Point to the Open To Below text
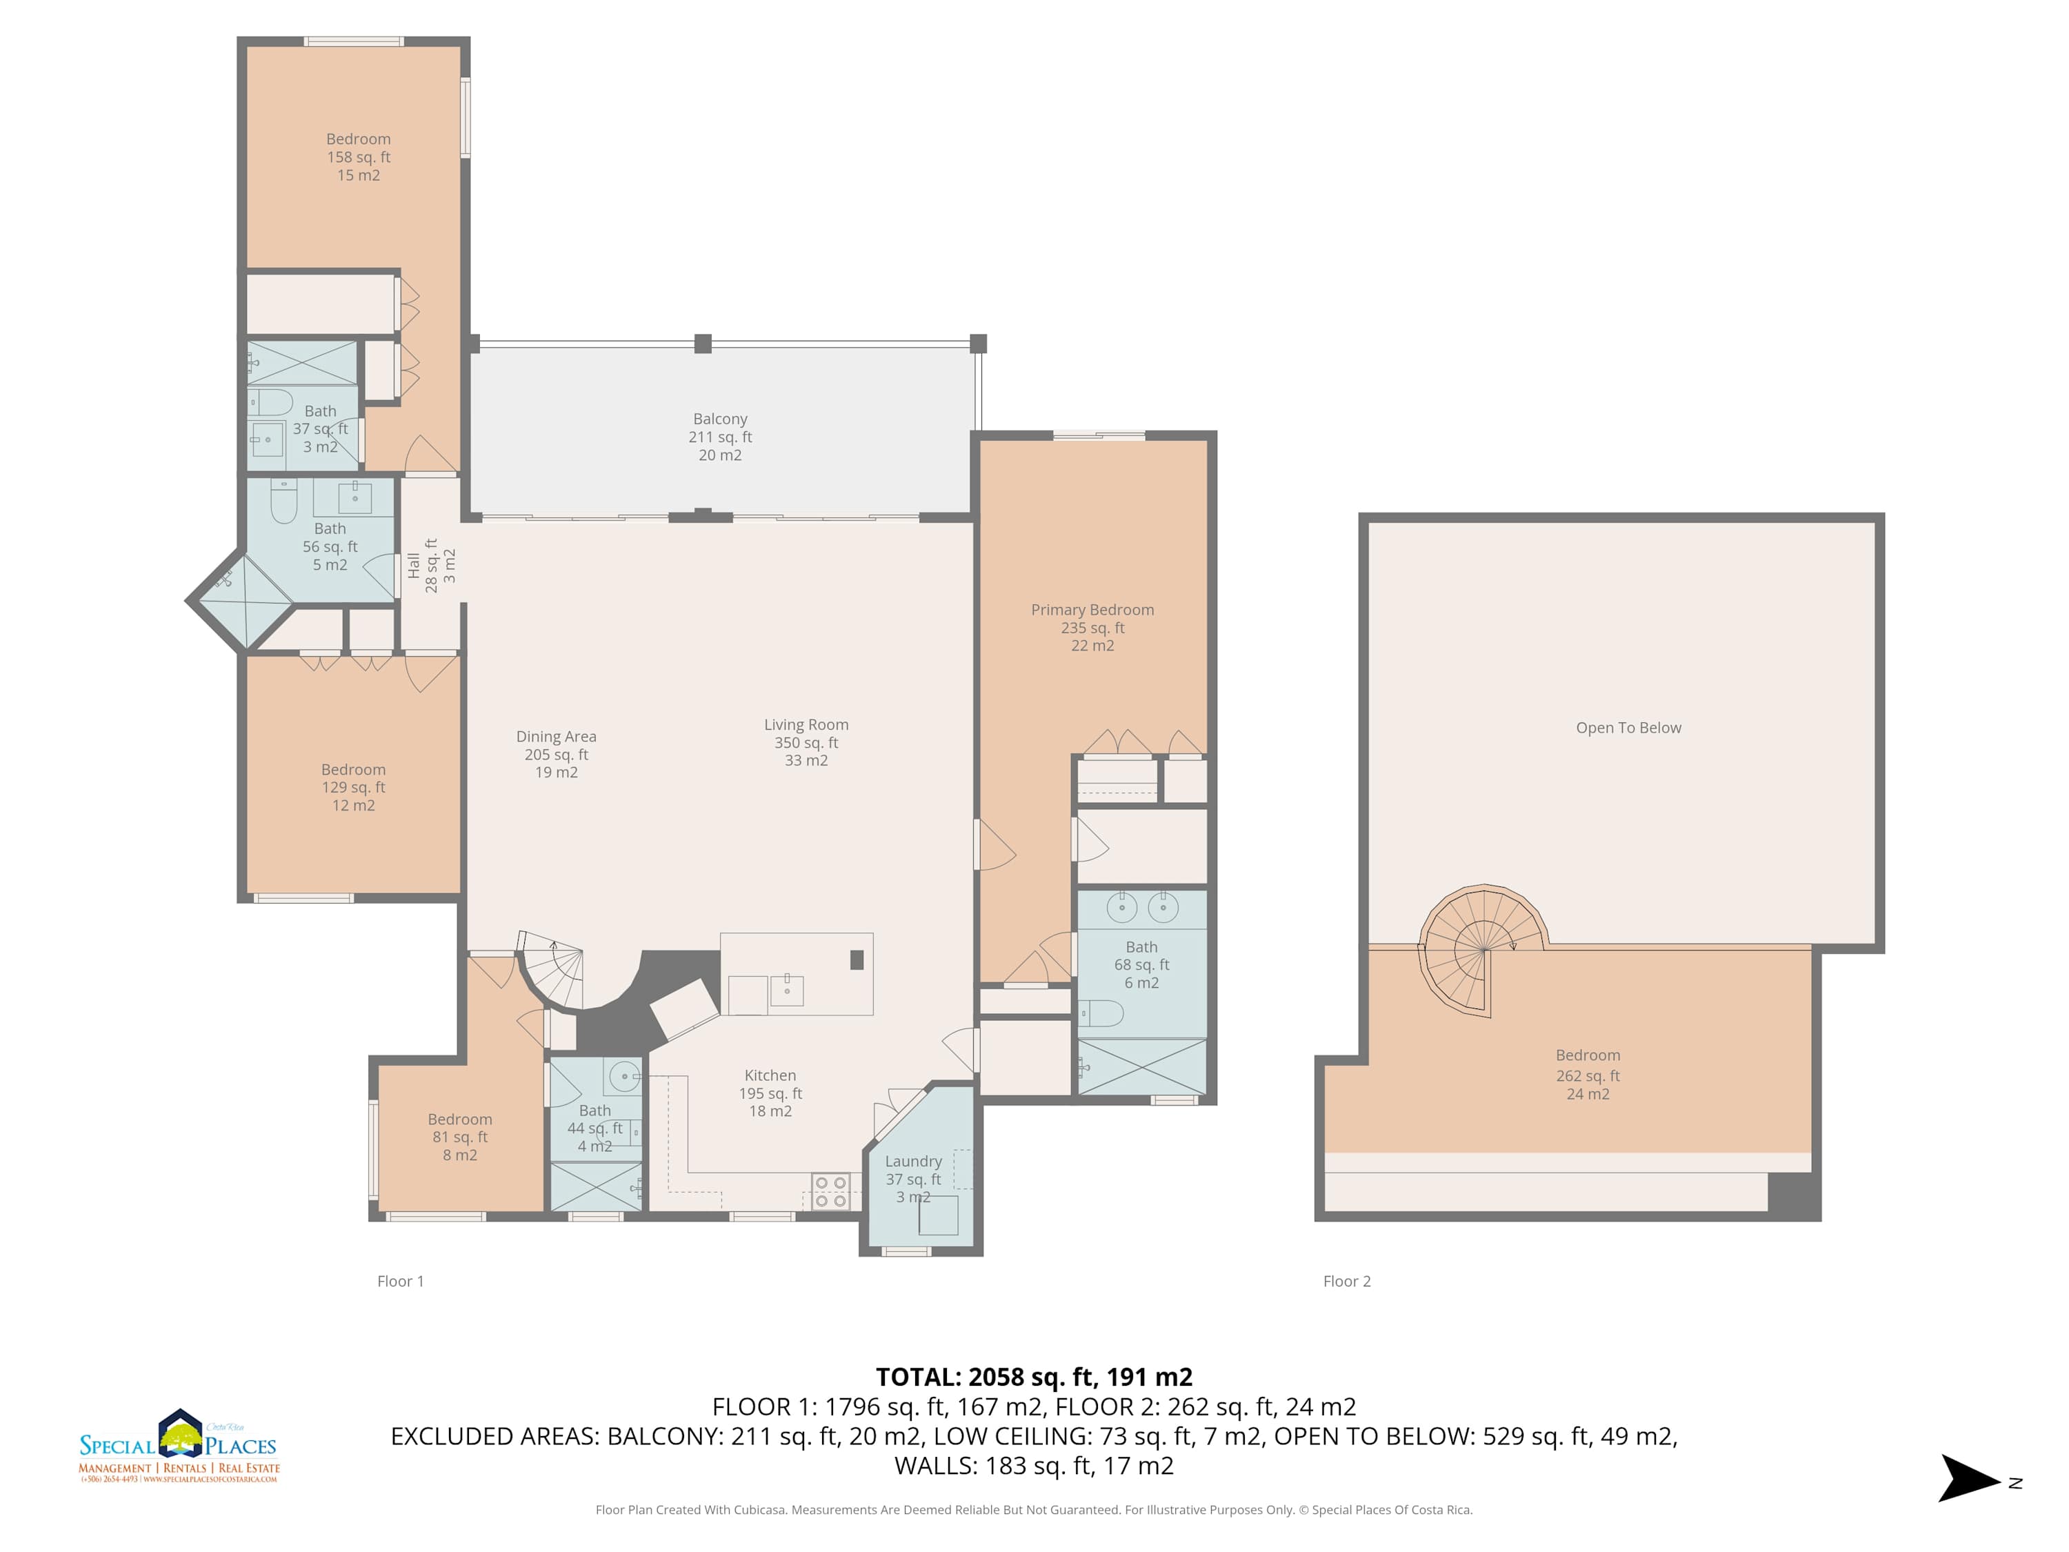(x=1628, y=728)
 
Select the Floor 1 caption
(x=400, y=1282)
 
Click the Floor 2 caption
(x=1347, y=1282)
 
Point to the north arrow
(x=1971, y=1478)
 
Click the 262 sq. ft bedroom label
(x=1588, y=1075)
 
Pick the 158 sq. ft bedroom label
(x=358, y=157)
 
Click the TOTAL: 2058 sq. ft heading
(x=1034, y=1377)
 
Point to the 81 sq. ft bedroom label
(x=459, y=1137)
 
